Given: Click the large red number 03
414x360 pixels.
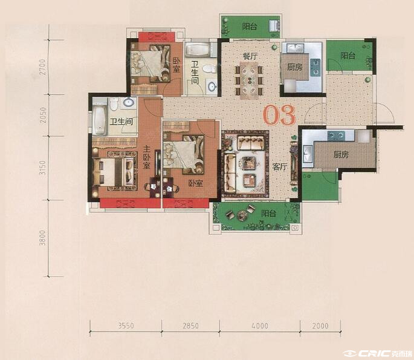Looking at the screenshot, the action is [279, 115].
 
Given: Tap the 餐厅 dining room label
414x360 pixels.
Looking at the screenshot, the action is [250, 56].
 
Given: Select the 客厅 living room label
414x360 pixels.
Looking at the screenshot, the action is [280, 167].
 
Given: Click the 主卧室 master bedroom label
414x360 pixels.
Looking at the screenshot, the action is [146, 157].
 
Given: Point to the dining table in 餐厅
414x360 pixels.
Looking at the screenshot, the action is [249, 80].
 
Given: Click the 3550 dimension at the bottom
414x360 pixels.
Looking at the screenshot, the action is [126, 326].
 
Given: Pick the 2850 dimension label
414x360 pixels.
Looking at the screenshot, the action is [190, 326].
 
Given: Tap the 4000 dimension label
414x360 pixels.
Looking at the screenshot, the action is [260, 326].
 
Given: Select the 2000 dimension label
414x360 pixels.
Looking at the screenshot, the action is [320, 326].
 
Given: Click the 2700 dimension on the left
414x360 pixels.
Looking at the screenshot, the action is [42, 67].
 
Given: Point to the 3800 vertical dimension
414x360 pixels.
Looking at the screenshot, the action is [42, 238].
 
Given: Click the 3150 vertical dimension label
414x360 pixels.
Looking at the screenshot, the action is [42, 168].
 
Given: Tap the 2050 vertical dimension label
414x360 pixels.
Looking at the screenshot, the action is [42, 115].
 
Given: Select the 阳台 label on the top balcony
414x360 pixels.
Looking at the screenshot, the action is [250, 26].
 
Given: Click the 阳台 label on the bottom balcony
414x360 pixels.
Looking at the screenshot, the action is [268, 213].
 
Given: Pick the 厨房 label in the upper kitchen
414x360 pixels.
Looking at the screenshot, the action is [295, 67].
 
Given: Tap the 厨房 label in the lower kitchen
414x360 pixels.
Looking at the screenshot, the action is [341, 155].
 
